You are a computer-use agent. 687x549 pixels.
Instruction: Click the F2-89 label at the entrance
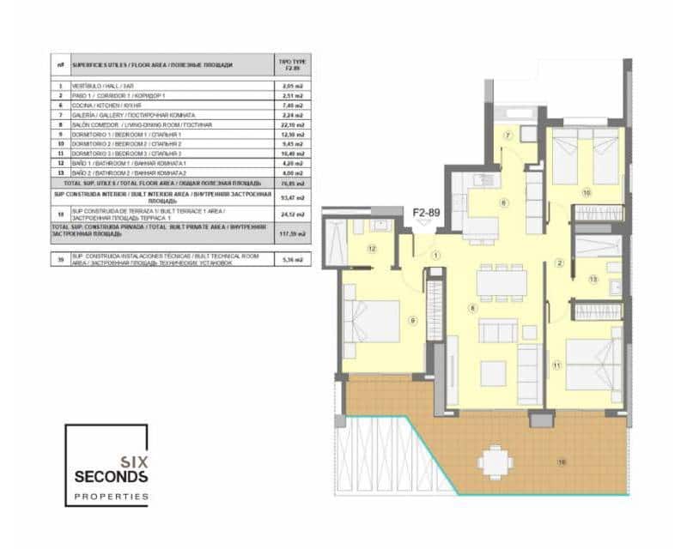(x=426, y=210)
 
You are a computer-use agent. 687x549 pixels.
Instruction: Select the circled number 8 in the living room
(x=471, y=307)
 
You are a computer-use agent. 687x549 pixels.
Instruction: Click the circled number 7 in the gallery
(x=508, y=136)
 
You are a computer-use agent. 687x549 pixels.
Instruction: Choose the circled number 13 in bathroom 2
(x=593, y=279)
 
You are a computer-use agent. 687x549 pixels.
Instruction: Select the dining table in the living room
(x=500, y=281)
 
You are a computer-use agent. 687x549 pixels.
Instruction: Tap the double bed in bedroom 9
(x=373, y=321)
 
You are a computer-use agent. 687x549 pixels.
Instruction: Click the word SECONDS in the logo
(x=111, y=476)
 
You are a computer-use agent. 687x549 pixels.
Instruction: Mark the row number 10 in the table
(x=60, y=143)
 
